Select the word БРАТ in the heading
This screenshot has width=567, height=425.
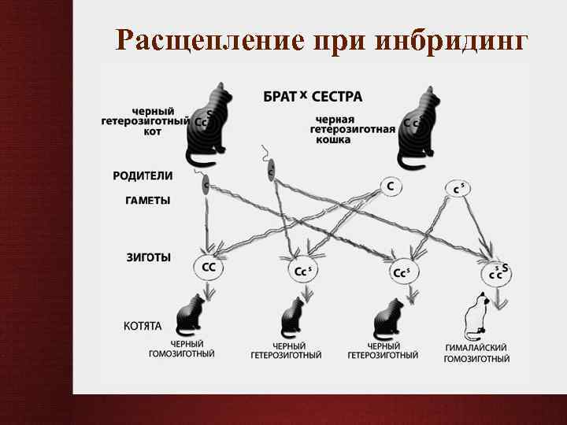(279, 97)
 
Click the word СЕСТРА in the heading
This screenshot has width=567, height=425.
(337, 97)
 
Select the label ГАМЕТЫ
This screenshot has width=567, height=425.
(147, 200)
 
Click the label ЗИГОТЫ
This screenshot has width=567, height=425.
(149, 257)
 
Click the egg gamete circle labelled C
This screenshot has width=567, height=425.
(390, 187)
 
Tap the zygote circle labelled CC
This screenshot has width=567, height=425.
(209, 268)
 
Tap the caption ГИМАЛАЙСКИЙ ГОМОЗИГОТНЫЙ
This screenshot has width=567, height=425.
(476, 353)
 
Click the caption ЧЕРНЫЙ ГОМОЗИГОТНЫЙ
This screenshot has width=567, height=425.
(182, 349)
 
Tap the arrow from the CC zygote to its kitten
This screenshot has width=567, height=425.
(209, 292)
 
